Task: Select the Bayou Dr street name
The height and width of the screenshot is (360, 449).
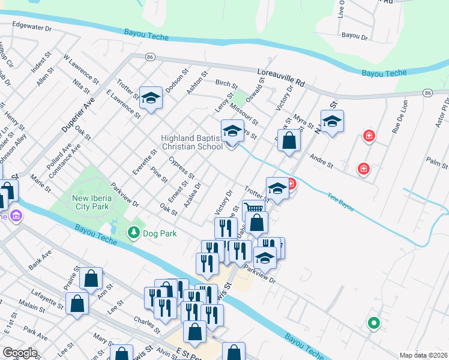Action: coord(354,36)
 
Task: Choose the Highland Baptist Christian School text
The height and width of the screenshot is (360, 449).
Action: coord(191,142)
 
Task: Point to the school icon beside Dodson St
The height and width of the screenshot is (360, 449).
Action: coord(151,98)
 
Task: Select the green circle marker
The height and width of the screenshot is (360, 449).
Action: coord(373,323)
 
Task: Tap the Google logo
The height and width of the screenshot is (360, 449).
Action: coord(20,353)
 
